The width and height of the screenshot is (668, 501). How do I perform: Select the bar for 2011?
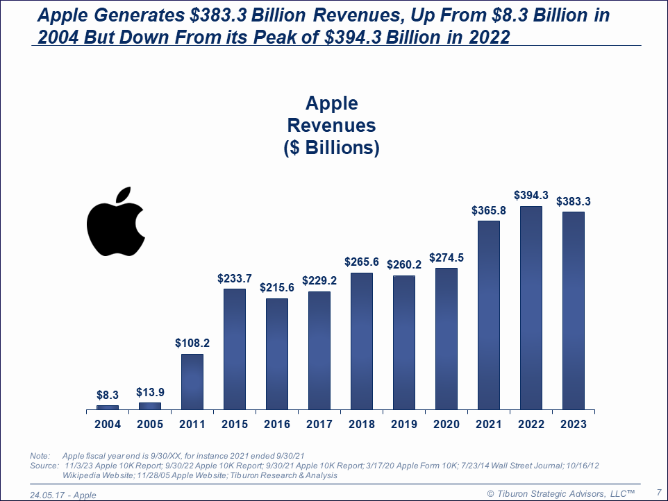[x=192, y=381]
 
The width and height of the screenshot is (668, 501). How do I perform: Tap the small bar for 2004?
[x=108, y=407]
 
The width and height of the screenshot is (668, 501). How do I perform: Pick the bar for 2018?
[x=362, y=341]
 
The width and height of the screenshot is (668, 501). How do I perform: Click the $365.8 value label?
[x=488, y=210]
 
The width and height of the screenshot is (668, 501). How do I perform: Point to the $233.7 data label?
[x=235, y=278]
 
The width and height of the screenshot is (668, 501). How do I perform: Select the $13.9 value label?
[x=150, y=393]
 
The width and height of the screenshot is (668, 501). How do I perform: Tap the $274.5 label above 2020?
[x=446, y=257]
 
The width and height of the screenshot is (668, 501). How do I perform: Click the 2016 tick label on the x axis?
[x=277, y=424]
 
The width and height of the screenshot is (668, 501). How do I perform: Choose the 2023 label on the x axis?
[x=573, y=424]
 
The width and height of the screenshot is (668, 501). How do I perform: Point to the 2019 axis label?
[x=404, y=424]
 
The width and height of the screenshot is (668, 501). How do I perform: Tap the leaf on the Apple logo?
[x=123, y=195]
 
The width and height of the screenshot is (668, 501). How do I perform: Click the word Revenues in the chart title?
[x=331, y=126]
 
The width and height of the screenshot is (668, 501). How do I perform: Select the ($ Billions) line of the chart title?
[x=331, y=148]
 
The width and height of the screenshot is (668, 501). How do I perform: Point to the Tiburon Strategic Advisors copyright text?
[x=561, y=493]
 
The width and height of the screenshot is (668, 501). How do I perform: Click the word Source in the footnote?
[x=43, y=466]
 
